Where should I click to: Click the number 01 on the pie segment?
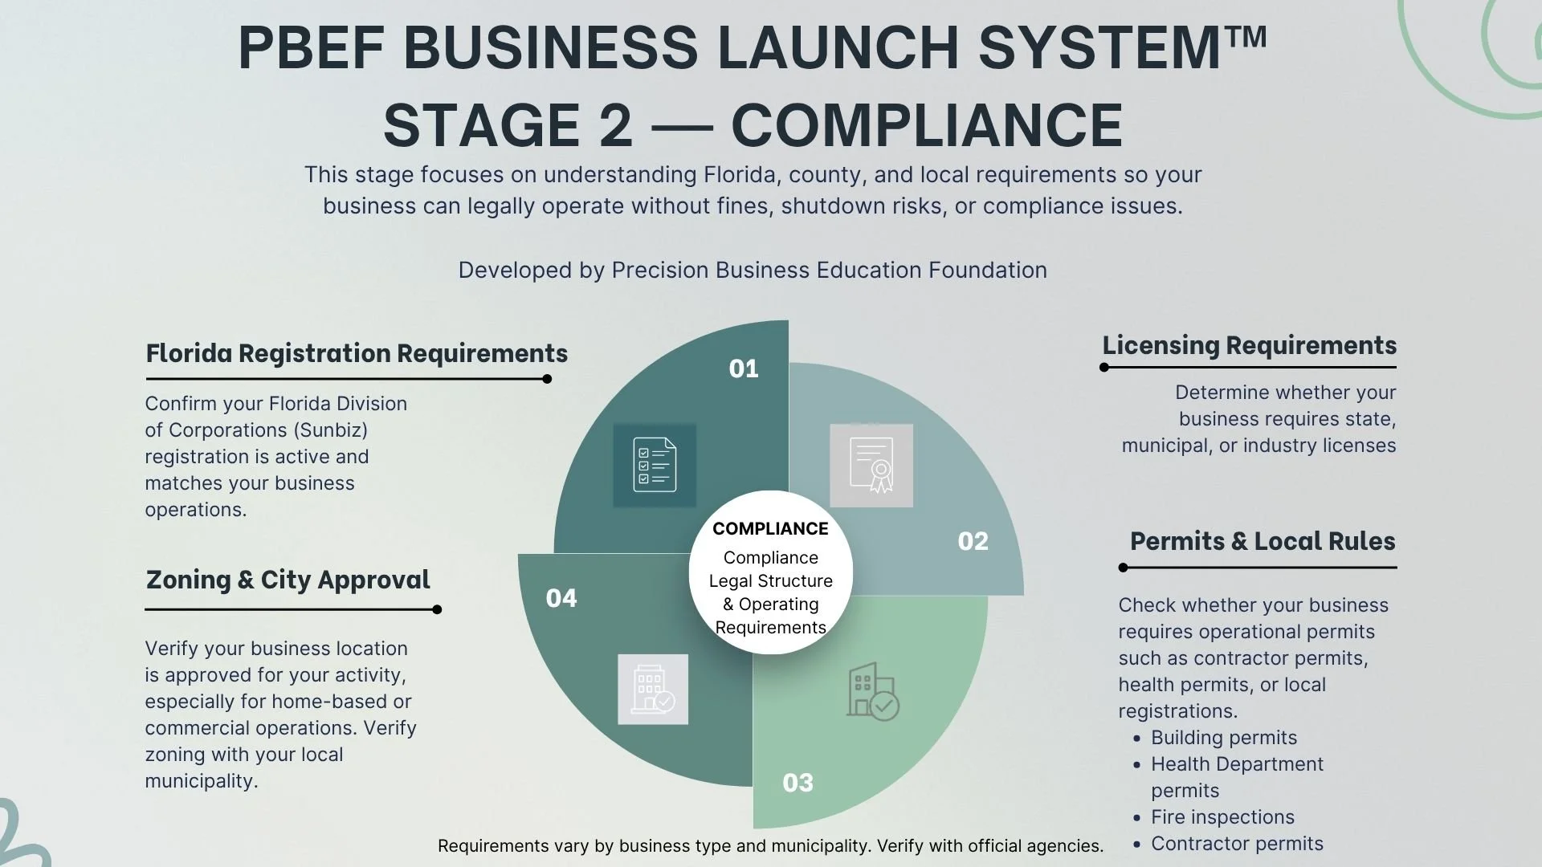[743, 368]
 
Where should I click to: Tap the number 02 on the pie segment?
[973, 541]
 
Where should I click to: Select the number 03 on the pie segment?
[798, 783]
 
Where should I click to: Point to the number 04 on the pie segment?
[561, 598]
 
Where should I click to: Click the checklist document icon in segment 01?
[655, 465]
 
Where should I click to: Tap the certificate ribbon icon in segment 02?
[871, 465]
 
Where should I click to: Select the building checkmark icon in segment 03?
[872, 691]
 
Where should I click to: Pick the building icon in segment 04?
[653, 690]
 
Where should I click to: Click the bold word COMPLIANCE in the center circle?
[770, 528]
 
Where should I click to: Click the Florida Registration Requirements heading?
[357, 353]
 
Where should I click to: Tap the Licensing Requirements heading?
[1249, 345]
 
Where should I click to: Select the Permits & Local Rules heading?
[1263, 541]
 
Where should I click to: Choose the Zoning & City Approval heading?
[288, 580]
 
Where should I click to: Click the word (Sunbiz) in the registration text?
[331, 430]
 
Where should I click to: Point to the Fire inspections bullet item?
[1222, 817]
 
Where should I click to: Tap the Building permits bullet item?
[1223, 738]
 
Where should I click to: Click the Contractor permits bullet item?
[1237, 844]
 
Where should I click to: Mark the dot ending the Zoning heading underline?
[437, 610]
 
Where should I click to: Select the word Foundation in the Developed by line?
[987, 271]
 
